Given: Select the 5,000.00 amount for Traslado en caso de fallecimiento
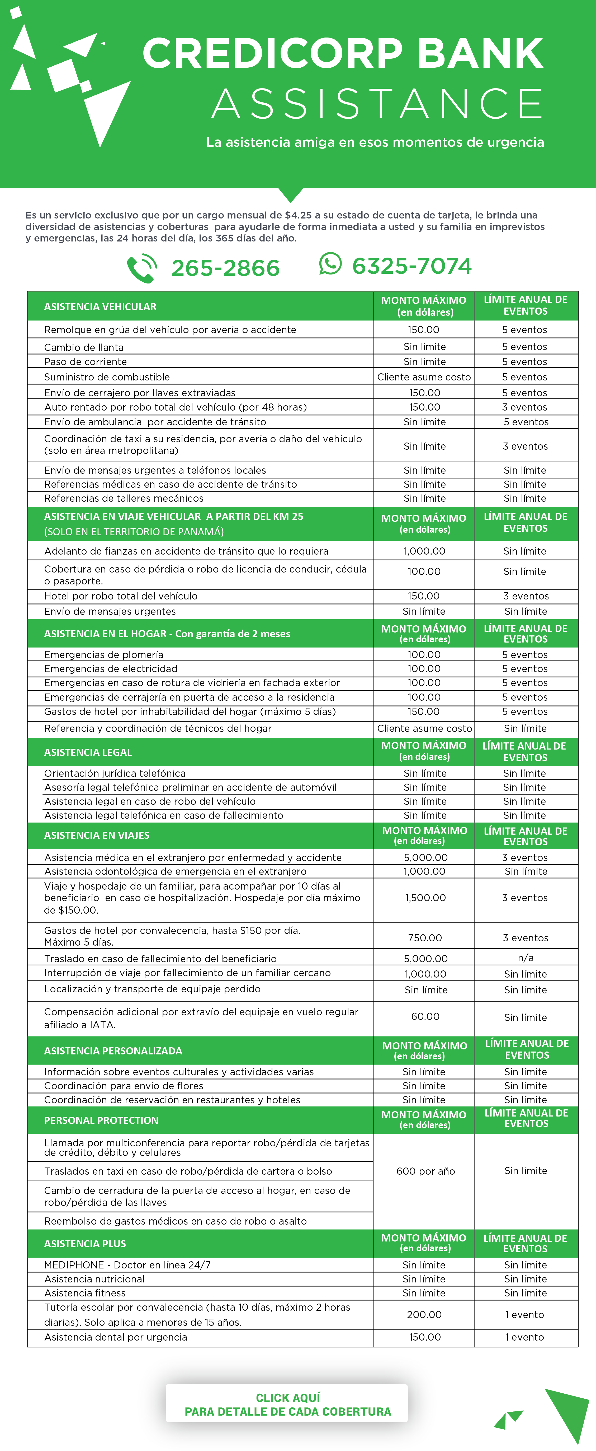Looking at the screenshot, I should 425,958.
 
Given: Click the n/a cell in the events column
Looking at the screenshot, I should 526,957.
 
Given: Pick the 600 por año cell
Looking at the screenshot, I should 425,1171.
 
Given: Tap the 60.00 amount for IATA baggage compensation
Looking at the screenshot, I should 425,1016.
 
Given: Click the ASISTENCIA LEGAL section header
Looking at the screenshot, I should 88,752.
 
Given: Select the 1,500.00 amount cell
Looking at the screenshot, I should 425,898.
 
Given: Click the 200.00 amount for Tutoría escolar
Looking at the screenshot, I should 424,1315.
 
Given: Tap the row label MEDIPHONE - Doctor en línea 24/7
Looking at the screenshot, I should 127,1265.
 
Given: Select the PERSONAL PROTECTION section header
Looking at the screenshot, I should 101,1120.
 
